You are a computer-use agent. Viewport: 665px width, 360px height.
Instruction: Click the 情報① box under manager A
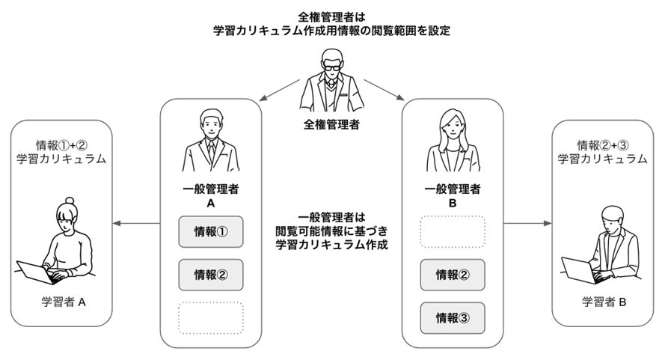tap(210, 231)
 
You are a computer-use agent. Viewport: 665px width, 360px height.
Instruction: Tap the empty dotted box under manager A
tap(210, 317)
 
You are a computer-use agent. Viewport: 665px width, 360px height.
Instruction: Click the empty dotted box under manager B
tap(452, 232)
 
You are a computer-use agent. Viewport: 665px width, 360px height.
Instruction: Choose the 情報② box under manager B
tap(452, 275)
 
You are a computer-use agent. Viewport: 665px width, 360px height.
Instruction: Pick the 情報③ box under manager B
tap(452, 317)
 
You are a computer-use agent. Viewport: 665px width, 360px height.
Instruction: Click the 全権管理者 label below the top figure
tap(331, 124)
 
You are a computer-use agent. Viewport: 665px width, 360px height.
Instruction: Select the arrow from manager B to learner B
tap(527, 223)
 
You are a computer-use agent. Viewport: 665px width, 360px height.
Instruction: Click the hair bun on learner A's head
tap(69, 203)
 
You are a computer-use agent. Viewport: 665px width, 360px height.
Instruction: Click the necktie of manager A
tap(212, 150)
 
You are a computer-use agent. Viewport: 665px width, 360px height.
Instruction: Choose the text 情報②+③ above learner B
tap(602, 144)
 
